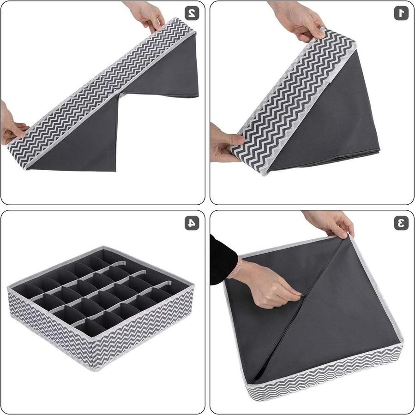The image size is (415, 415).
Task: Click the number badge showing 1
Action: click(401, 13)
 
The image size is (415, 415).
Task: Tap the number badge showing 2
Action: click(192, 13)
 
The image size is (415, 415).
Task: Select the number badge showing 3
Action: click(401, 223)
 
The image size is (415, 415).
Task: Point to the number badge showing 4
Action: click(192, 223)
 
